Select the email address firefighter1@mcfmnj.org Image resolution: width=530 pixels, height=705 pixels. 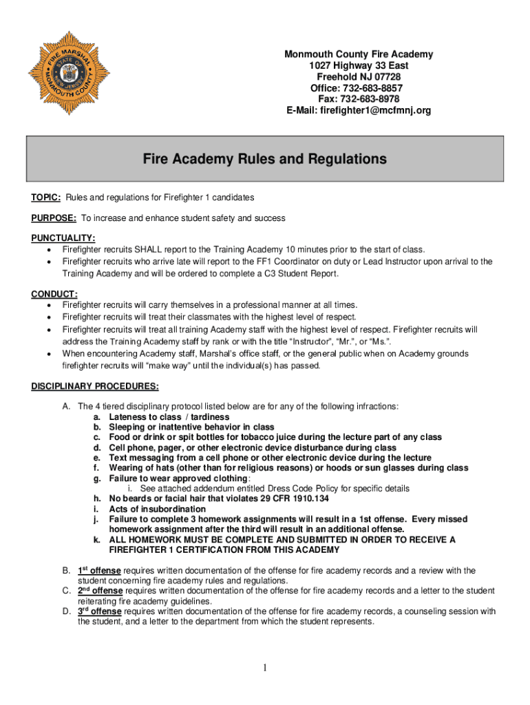coord(375,110)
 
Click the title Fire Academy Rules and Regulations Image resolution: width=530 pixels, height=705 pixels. coord(264,160)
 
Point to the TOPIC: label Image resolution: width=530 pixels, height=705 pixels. coord(46,198)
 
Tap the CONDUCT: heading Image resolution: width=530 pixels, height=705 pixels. coord(54,294)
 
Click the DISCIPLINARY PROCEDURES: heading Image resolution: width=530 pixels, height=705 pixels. coord(95,386)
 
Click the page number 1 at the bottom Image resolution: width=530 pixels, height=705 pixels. coord(265,668)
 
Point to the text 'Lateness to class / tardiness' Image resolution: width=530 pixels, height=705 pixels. coord(169,417)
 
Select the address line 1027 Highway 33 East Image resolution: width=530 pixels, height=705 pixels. coord(359,66)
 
